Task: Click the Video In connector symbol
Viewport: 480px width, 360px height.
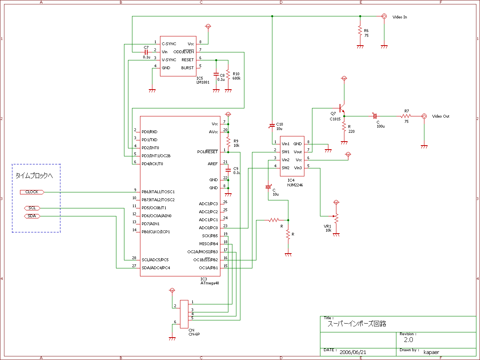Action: tap(384, 16)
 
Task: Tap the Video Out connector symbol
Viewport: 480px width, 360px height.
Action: tap(424, 116)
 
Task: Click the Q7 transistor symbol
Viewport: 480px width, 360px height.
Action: tap(341, 108)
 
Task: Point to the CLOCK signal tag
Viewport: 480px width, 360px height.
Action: tap(32, 192)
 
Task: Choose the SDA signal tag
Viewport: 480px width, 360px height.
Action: tap(32, 216)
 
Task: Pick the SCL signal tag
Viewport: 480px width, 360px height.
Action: tap(32, 208)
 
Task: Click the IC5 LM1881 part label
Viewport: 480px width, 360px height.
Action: tap(203, 80)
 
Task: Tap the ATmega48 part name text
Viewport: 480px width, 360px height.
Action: tap(210, 283)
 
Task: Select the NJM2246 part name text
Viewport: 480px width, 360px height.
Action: tap(295, 185)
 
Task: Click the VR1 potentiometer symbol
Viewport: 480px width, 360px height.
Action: tap(336, 218)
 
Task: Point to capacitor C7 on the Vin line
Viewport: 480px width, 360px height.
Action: tap(146, 52)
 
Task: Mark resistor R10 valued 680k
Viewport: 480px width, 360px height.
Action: tap(228, 74)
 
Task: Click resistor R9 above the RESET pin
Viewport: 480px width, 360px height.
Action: tap(228, 142)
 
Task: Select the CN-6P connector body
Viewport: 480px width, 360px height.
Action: tap(184, 314)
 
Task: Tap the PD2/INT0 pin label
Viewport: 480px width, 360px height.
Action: tap(150, 148)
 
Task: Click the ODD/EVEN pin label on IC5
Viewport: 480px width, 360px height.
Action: tap(184, 52)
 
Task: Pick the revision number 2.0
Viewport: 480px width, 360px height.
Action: tap(408, 340)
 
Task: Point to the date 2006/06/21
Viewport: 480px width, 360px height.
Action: tap(353, 352)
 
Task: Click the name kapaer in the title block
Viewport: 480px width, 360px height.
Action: tap(431, 352)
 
